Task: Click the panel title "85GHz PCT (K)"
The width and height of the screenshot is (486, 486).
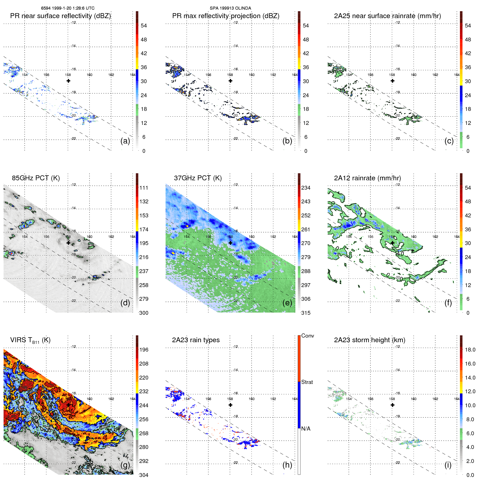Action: pos(36,178)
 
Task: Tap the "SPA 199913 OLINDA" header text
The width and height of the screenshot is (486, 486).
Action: pos(230,8)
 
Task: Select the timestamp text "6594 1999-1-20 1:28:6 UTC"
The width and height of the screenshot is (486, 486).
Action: pos(68,8)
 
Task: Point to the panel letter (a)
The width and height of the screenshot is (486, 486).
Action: pos(125,141)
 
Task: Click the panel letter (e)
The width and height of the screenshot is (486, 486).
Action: pos(287,303)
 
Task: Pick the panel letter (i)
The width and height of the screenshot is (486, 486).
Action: pos(448,465)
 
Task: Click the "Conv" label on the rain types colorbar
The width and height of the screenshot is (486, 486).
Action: pos(307,336)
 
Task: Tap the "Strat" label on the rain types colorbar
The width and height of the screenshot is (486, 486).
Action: pos(307,382)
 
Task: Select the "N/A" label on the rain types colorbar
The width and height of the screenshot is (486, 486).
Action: pos(306,429)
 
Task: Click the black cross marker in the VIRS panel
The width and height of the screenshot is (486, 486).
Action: pos(68,405)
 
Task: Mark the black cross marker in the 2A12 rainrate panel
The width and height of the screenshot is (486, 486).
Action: pos(392,243)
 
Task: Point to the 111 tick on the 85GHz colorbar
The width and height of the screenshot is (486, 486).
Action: pos(144,188)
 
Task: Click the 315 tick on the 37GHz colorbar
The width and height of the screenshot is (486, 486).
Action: pos(306,313)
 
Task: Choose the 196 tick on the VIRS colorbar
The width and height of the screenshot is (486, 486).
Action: pos(144,350)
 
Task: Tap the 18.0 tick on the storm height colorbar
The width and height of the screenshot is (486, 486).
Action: pos(470,350)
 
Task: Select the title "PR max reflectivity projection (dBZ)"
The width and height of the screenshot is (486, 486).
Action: pos(226,16)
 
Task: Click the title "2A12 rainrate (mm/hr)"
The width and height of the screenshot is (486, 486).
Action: pos(367,178)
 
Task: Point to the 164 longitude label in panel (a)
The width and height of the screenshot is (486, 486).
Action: pos(133,75)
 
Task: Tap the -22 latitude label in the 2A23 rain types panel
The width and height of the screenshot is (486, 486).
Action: pos(236,463)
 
